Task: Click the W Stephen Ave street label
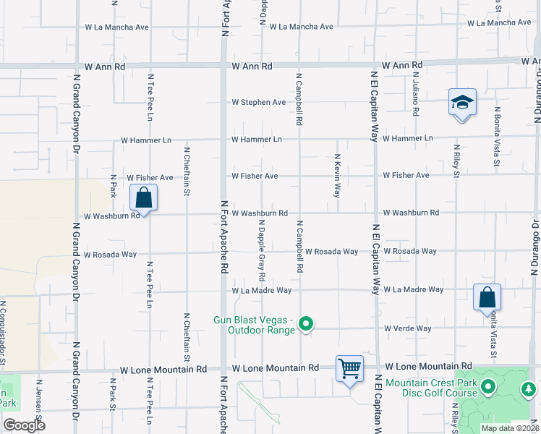tap(258, 103)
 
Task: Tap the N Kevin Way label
tap(337, 176)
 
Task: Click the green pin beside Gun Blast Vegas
tap(306, 325)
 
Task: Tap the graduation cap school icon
tap(462, 104)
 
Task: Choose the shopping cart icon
tap(349, 368)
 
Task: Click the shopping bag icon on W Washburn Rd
tap(144, 197)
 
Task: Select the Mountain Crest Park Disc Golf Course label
tap(431, 388)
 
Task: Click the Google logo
tap(24, 425)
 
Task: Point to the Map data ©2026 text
tap(510, 428)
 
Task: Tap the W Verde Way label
tap(407, 328)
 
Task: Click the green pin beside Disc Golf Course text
tap(488, 388)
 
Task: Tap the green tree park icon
tap(529, 389)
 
